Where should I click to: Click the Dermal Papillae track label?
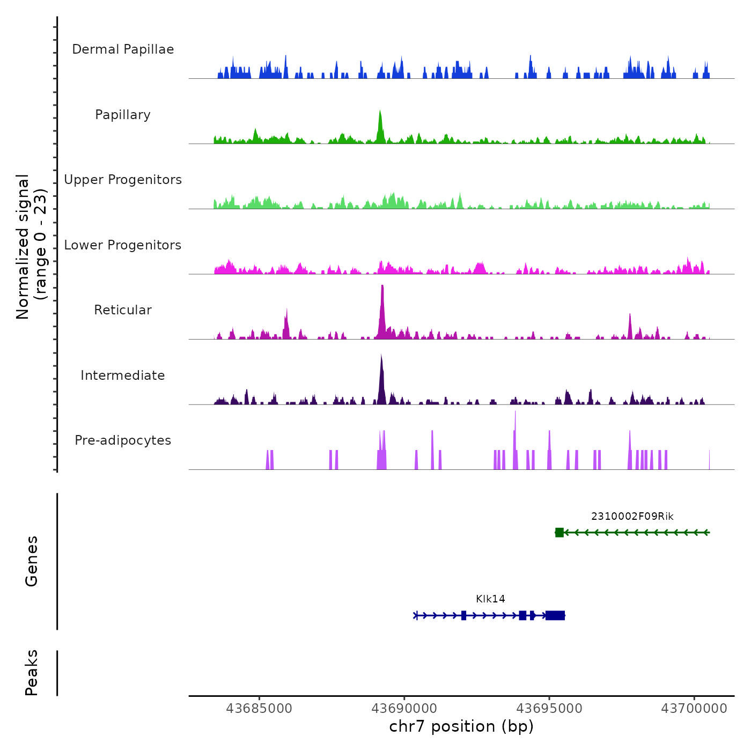pyautogui.click(x=123, y=49)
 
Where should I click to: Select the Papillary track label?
pyautogui.click(x=123, y=115)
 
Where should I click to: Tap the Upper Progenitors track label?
pyautogui.click(x=123, y=180)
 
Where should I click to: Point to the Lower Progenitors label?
pyautogui.click(x=123, y=245)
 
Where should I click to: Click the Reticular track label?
pyautogui.click(x=123, y=310)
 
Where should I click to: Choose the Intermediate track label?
pyautogui.click(x=123, y=376)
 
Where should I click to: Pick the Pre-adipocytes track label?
pyautogui.click(x=123, y=440)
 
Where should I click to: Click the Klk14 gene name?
pyautogui.click(x=490, y=599)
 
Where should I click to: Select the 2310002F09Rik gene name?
pyautogui.click(x=632, y=517)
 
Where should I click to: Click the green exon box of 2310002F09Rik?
pyautogui.click(x=559, y=533)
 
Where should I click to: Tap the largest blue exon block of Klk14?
pyautogui.click(x=555, y=615)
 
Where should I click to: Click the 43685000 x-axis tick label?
pyautogui.click(x=259, y=709)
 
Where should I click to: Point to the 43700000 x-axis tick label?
pyautogui.click(x=694, y=709)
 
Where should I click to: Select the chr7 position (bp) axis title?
pyautogui.click(x=461, y=727)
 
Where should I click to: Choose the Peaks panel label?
pyautogui.click(x=32, y=673)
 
